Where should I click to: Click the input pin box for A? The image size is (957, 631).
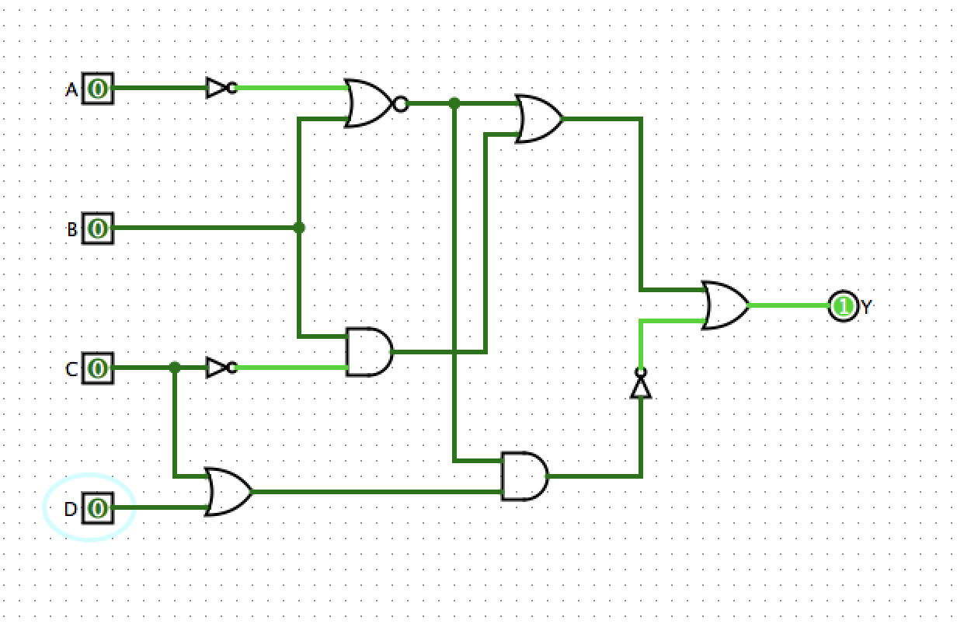click(99, 89)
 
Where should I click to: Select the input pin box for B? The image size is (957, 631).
click(99, 228)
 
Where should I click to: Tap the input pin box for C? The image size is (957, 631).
click(99, 368)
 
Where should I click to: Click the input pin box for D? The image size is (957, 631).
click(99, 508)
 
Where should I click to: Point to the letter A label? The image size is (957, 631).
click(71, 90)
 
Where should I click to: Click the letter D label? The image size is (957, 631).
click(71, 510)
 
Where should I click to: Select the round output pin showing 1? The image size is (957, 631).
click(842, 306)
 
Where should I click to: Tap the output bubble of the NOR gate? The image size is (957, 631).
click(400, 103)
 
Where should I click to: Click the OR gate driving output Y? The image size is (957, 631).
click(725, 305)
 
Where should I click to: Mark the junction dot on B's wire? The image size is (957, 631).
click(299, 228)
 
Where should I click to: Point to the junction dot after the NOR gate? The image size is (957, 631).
click(454, 103)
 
